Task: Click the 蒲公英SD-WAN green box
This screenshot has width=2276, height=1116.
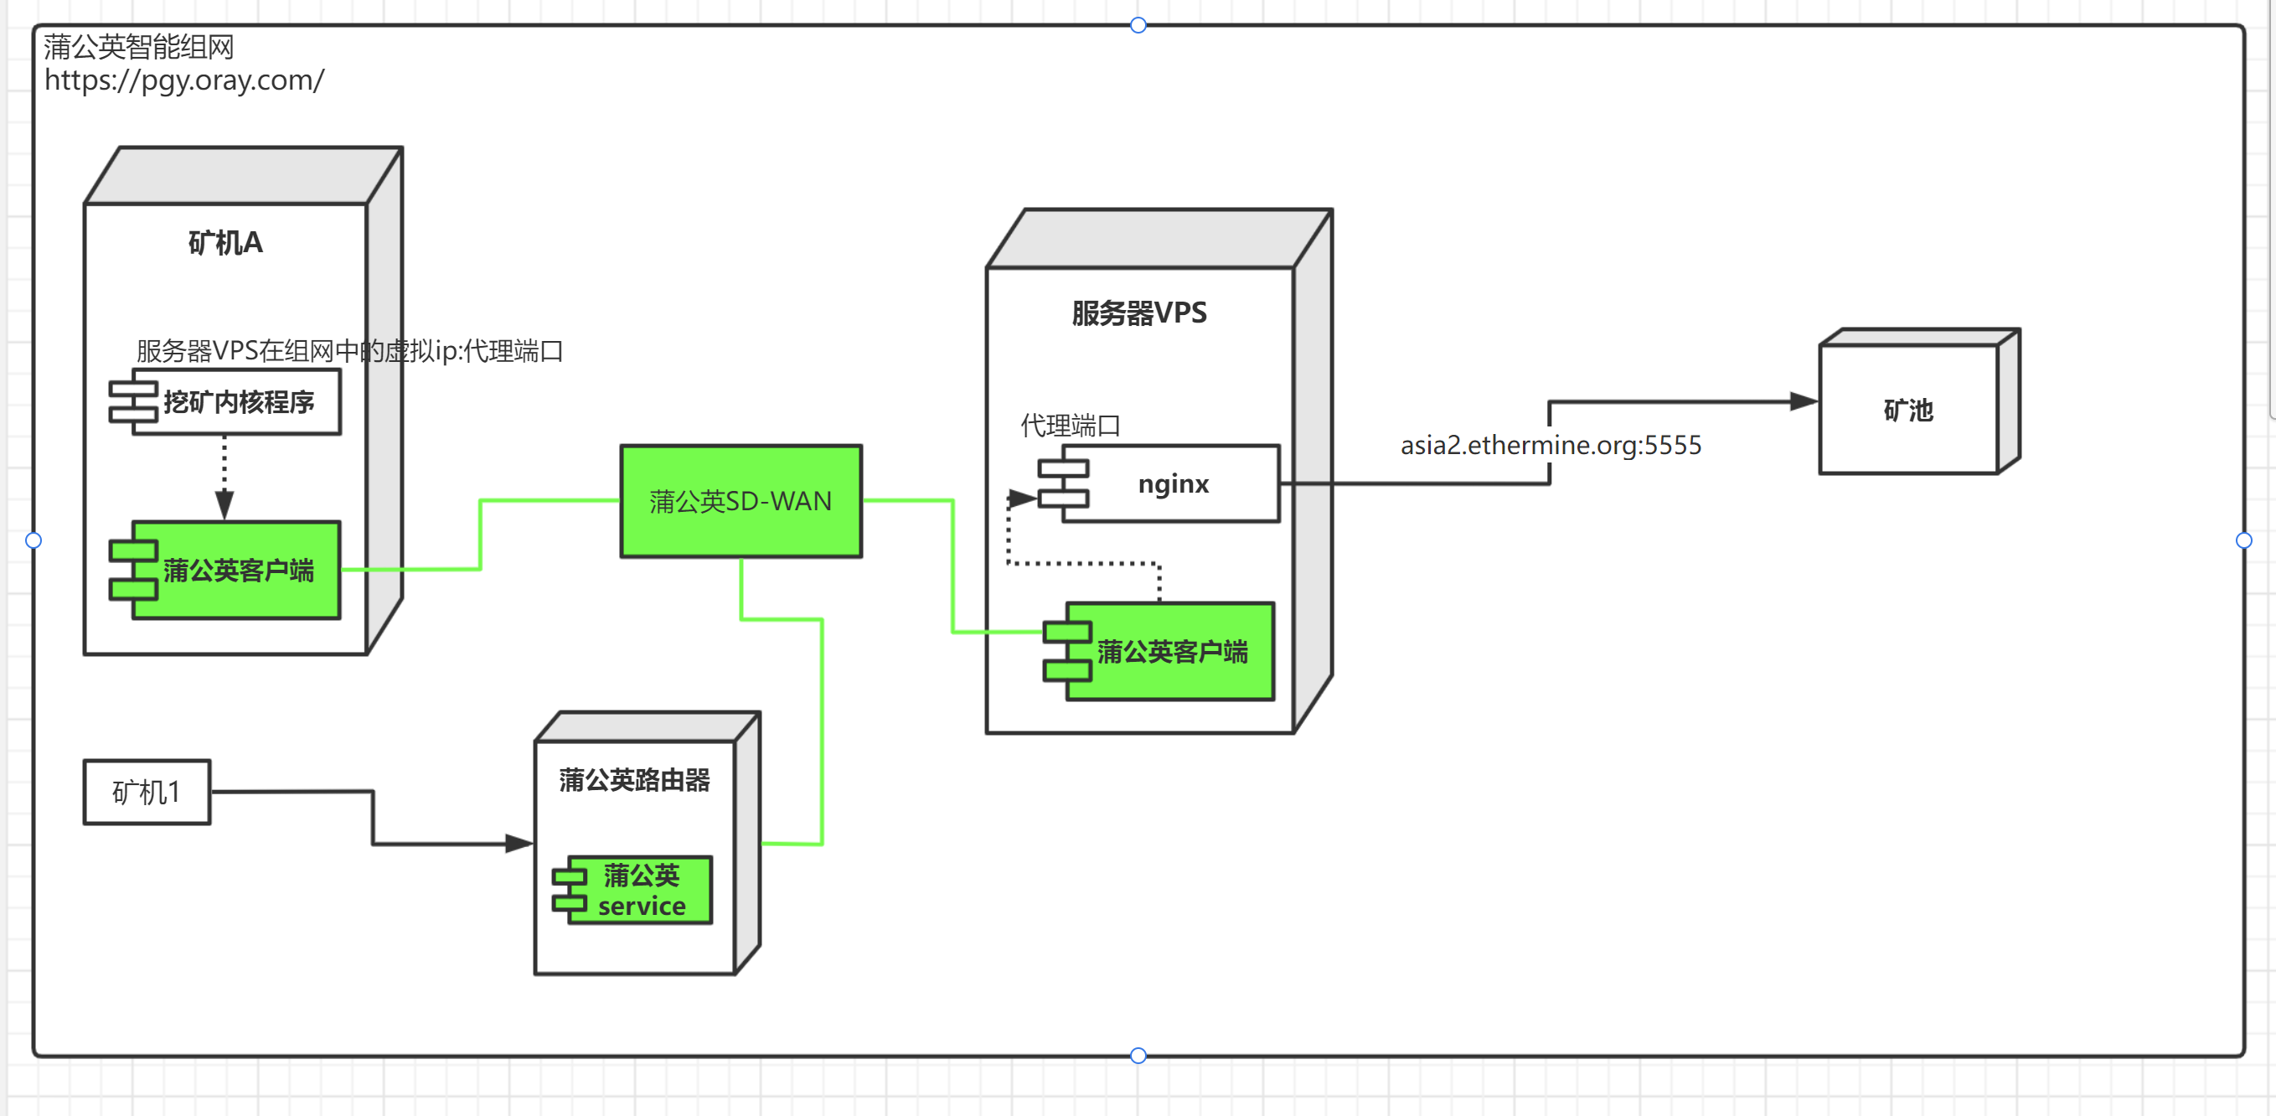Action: pos(741,501)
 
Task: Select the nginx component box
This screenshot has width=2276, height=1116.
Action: pos(1172,484)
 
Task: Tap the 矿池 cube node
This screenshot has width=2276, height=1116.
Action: pos(1908,409)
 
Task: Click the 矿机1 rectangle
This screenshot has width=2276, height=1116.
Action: pos(147,793)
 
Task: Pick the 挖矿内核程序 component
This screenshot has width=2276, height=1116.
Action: pos(237,403)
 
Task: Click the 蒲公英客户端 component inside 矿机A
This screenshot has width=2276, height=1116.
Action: pos(237,571)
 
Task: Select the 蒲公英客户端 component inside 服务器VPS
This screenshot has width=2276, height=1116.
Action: pos(1171,652)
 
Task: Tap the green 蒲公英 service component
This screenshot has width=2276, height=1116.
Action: pos(641,891)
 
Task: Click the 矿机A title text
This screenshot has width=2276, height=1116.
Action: pos(225,243)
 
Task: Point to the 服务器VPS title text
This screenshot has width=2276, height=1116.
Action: pos(1139,313)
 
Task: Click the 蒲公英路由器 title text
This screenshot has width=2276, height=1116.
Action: pos(634,780)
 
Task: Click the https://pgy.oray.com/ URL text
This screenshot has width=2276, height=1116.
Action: pos(183,80)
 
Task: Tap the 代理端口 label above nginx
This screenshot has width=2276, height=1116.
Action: pos(1070,426)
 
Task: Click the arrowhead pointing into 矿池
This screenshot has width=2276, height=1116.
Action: pos(1803,402)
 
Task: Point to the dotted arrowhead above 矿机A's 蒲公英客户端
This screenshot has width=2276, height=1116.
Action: pos(225,505)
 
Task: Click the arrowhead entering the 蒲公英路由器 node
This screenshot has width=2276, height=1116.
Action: pos(519,844)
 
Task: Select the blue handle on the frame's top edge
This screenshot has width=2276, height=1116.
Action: pos(1138,25)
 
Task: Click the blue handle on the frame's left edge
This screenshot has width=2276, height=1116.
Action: pos(34,540)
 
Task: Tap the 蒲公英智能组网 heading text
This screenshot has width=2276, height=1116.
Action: pos(139,47)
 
